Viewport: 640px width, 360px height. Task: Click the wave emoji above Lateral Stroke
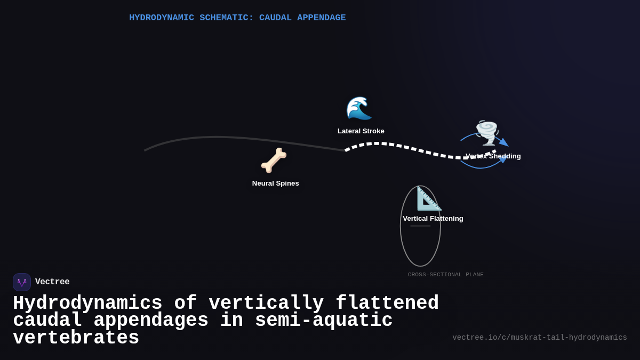tap(359, 108)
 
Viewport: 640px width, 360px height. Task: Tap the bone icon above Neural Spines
tap(274, 160)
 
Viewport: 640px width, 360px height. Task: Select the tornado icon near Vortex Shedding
tap(486, 132)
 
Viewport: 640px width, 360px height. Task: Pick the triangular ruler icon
tap(429, 198)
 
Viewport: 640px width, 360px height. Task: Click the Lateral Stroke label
tap(361, 131)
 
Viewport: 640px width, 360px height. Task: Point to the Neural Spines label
tap(275, 183)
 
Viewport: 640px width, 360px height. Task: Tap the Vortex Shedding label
tap(493, 156)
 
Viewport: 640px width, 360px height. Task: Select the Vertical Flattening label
tap(433, 219)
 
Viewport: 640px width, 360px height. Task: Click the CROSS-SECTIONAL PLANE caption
tap(445, 275)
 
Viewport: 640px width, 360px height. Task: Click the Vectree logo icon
tap(22, 282)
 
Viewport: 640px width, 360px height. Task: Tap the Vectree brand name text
tap(52, 282)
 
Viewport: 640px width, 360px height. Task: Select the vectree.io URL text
tap(539, 338)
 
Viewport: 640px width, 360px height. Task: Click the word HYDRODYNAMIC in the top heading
tap(162, 18)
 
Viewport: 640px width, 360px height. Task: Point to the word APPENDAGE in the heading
tap(321, 18)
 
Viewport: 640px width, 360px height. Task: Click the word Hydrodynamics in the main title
tap(87, 303)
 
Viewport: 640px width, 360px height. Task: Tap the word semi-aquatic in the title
tap(324, 321)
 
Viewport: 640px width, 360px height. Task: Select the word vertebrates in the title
tap(76, 338)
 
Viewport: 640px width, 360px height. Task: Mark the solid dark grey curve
tap(224, 138)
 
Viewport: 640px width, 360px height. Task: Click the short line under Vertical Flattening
tap(420, 226)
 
